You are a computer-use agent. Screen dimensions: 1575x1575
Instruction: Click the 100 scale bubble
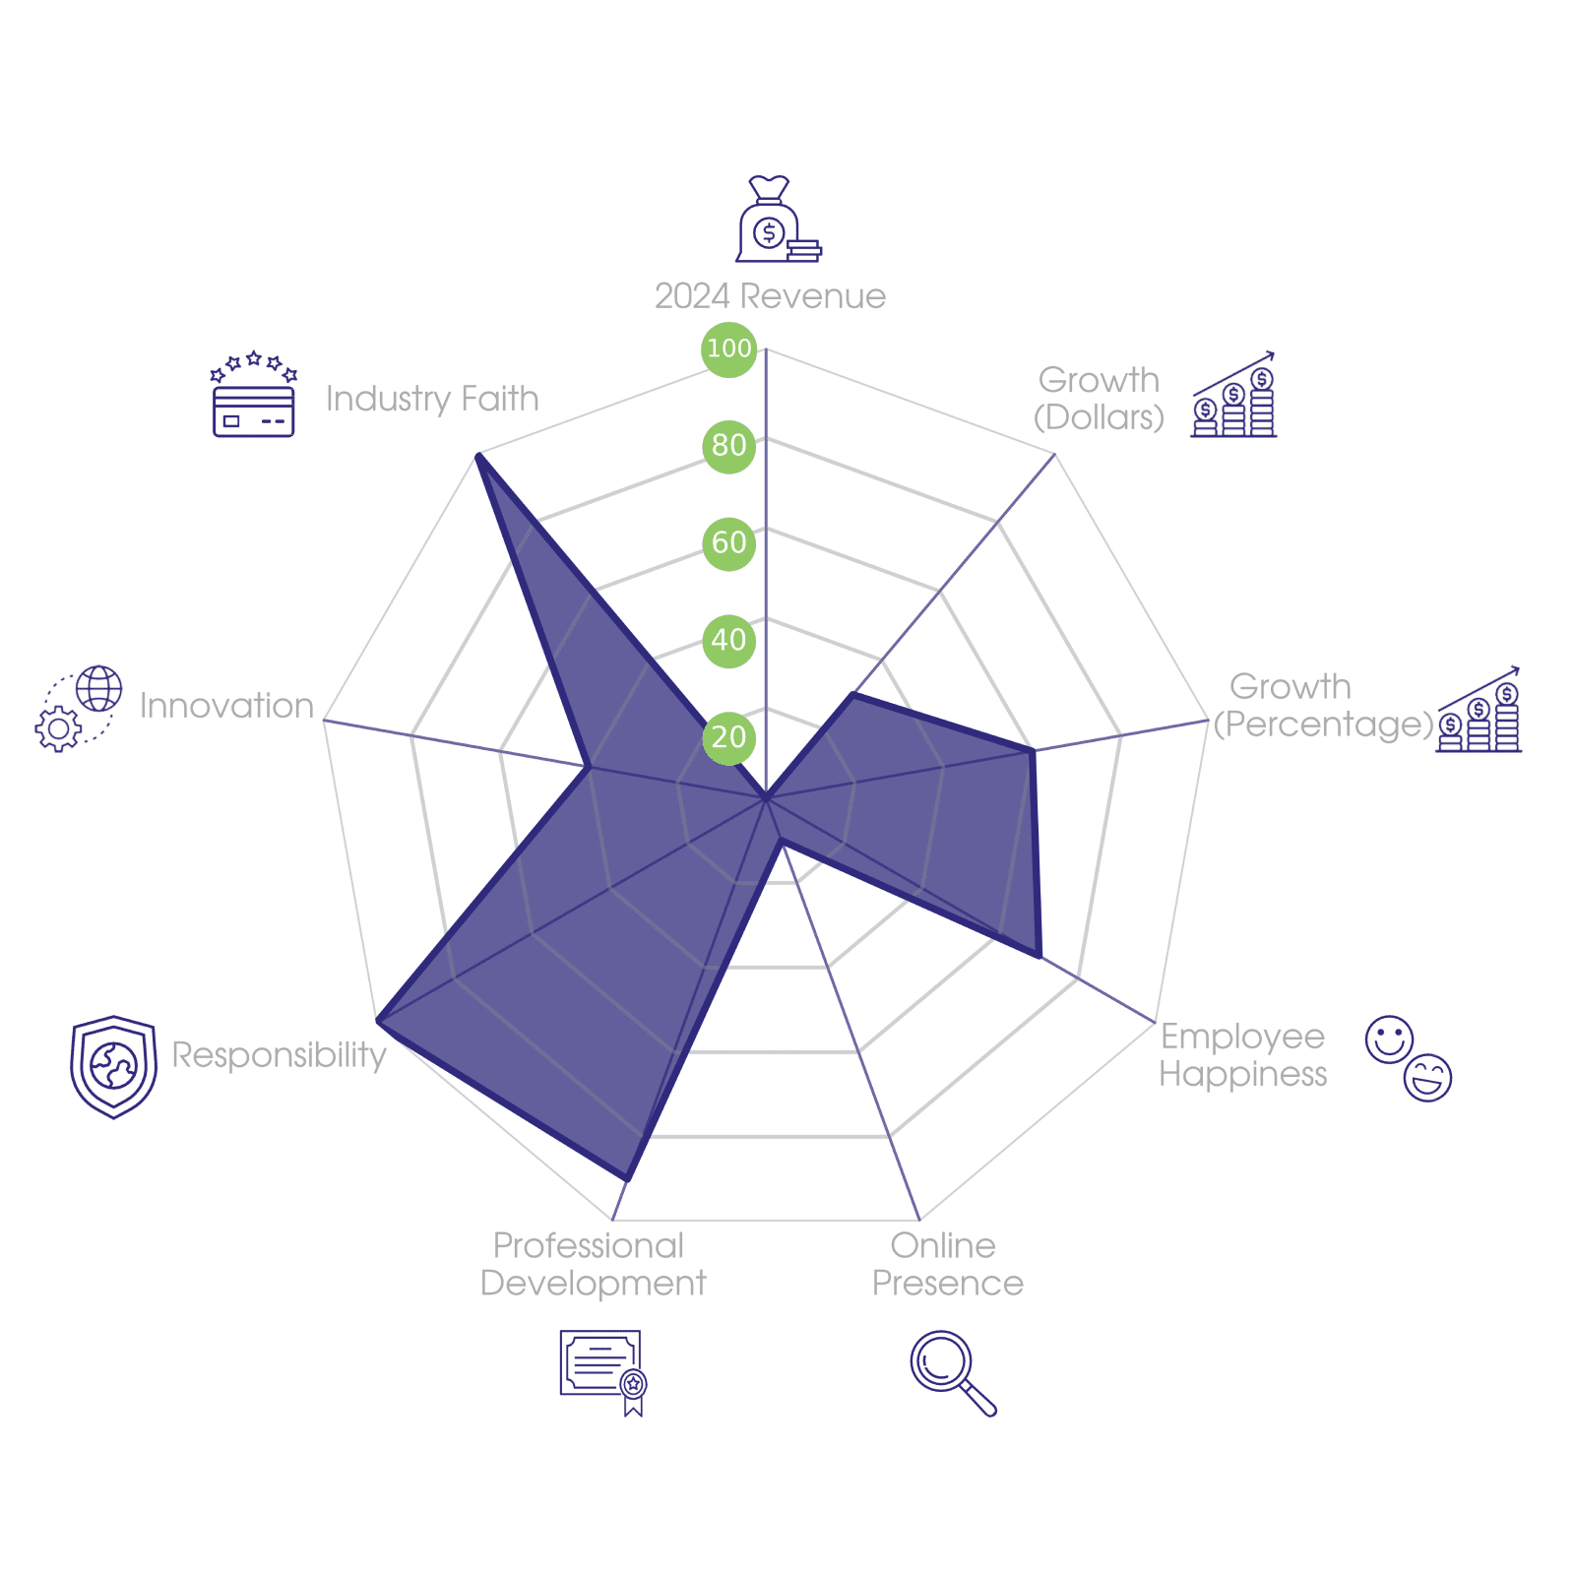tap(728, 348)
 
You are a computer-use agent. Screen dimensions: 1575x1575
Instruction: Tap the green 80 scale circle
tap(728, 445)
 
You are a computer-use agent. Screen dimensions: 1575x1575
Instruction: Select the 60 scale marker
tap(728, 542)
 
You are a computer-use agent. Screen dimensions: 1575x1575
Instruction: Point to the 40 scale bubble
tap(728, 640)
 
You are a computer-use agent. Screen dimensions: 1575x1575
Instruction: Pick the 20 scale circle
tap(728, 737)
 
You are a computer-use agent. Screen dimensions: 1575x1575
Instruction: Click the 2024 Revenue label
tap(770, 296)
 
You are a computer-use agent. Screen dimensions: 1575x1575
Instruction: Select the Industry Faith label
tap(432, 399)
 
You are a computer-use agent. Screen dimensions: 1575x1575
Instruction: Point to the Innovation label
tap(226, 706)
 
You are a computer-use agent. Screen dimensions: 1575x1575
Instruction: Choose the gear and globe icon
tap(79, 709)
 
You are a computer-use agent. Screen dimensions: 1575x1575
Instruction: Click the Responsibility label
tap(279, 1055)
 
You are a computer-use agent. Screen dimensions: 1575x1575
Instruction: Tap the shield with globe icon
tap(113, 1067)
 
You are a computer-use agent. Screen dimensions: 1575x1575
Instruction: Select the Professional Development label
tap(593, 1265)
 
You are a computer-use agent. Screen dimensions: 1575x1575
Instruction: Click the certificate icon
tap(602, 1371)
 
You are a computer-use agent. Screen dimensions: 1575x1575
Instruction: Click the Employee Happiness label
tap(1242, 1055)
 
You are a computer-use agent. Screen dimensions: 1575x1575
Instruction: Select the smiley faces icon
tap(1409, 1058)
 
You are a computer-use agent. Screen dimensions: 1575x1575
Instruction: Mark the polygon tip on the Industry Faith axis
tap(477, 454)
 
